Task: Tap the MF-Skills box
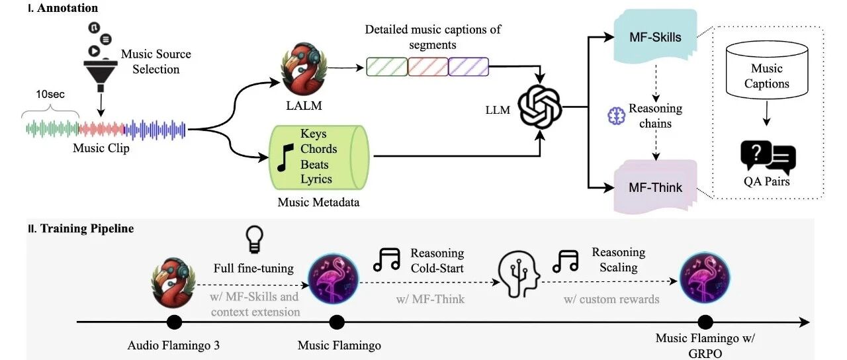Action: point(655,36)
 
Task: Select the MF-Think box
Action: point(655,187)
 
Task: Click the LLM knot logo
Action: point(539,107)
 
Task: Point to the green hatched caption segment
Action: point(387,67)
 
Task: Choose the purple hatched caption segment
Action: point(468,67)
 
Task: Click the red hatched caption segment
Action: point(428,67)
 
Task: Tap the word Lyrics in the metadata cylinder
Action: point(316,179)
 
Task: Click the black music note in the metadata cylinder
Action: point(285,157)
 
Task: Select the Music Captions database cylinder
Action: point(767,70)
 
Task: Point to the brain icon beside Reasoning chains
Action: point(616,116)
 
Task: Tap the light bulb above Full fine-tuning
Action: point(254,239)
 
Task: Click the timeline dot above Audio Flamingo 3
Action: point(174,322)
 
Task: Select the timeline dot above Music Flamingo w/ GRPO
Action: point(705,322)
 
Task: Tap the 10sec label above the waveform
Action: point(50,94)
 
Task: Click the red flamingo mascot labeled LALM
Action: point(304,68)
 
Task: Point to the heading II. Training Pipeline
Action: point(81,228)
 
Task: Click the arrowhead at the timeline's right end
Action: point(805,322)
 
